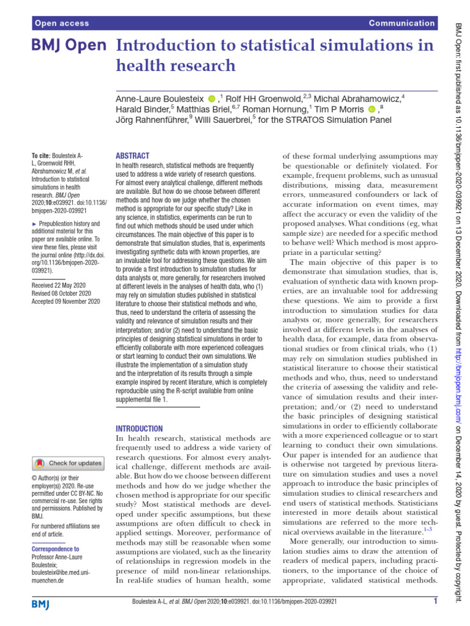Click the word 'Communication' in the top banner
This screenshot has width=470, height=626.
coord(402,23)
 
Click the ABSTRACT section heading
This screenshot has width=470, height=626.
coord(132,156)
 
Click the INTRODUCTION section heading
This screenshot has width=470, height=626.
coord(139,429)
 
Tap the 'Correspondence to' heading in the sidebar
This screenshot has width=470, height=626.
coord(55,549)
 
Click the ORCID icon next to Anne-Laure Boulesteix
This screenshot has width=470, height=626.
coord(212,98)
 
